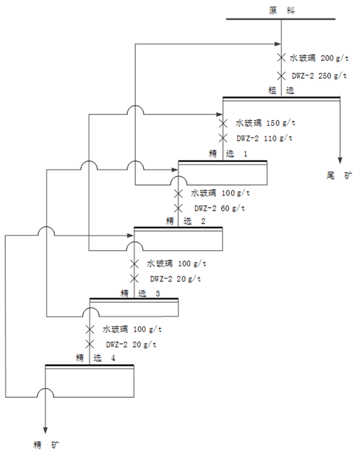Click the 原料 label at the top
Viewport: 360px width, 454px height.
[x=280, y=10]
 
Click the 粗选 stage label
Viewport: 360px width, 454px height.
[x=280, y=90]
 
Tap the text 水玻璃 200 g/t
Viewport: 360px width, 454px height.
[x=315, y=58]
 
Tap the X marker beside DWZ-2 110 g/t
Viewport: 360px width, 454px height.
[x=223, y=138]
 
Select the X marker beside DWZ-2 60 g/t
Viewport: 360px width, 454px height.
[x=178, y=208]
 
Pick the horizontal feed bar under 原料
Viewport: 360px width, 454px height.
[x=281, y=20]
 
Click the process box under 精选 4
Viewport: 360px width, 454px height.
[x=89, y=381]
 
